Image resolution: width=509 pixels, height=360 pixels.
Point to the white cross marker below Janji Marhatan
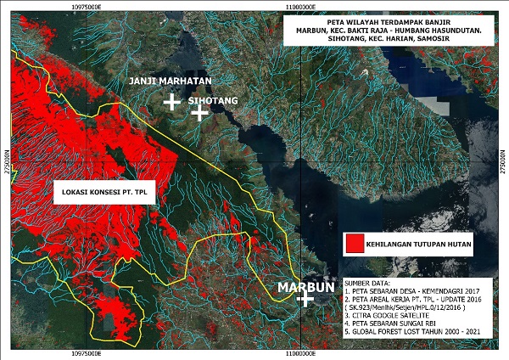(171, 102)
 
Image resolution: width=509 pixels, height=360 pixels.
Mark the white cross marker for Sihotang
(199, 112)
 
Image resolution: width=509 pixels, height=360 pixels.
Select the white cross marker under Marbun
(300, 301)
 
